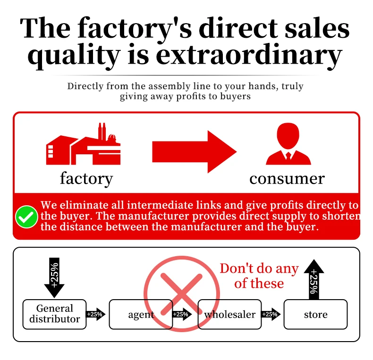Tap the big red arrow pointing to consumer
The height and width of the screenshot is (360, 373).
point(195,152)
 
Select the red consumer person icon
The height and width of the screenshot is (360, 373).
point(288,143)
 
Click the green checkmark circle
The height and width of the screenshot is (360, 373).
point(26,217)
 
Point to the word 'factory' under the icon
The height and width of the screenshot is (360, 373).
point(86,178)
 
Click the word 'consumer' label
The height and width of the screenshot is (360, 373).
point(287,179)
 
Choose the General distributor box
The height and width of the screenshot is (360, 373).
point(54,314)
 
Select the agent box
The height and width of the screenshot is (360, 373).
point(141,314)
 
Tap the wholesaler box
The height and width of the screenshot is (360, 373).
point(229,314)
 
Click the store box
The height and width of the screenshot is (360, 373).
point(316,314)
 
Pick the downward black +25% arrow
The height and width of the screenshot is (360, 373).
point(54,277)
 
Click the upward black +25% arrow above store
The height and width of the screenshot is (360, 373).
point(314,279)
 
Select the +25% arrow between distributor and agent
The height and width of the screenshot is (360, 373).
point(95,314)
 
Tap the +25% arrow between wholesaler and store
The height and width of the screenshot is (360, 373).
point(271,314)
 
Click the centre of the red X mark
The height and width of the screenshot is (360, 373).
point(181,294)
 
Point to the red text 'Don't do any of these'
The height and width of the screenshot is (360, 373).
point(259,276)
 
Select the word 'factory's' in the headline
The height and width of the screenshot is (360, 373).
point(135,28)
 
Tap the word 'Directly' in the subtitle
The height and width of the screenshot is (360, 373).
point(85,86)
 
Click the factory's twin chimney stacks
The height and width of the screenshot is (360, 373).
point(102,131)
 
